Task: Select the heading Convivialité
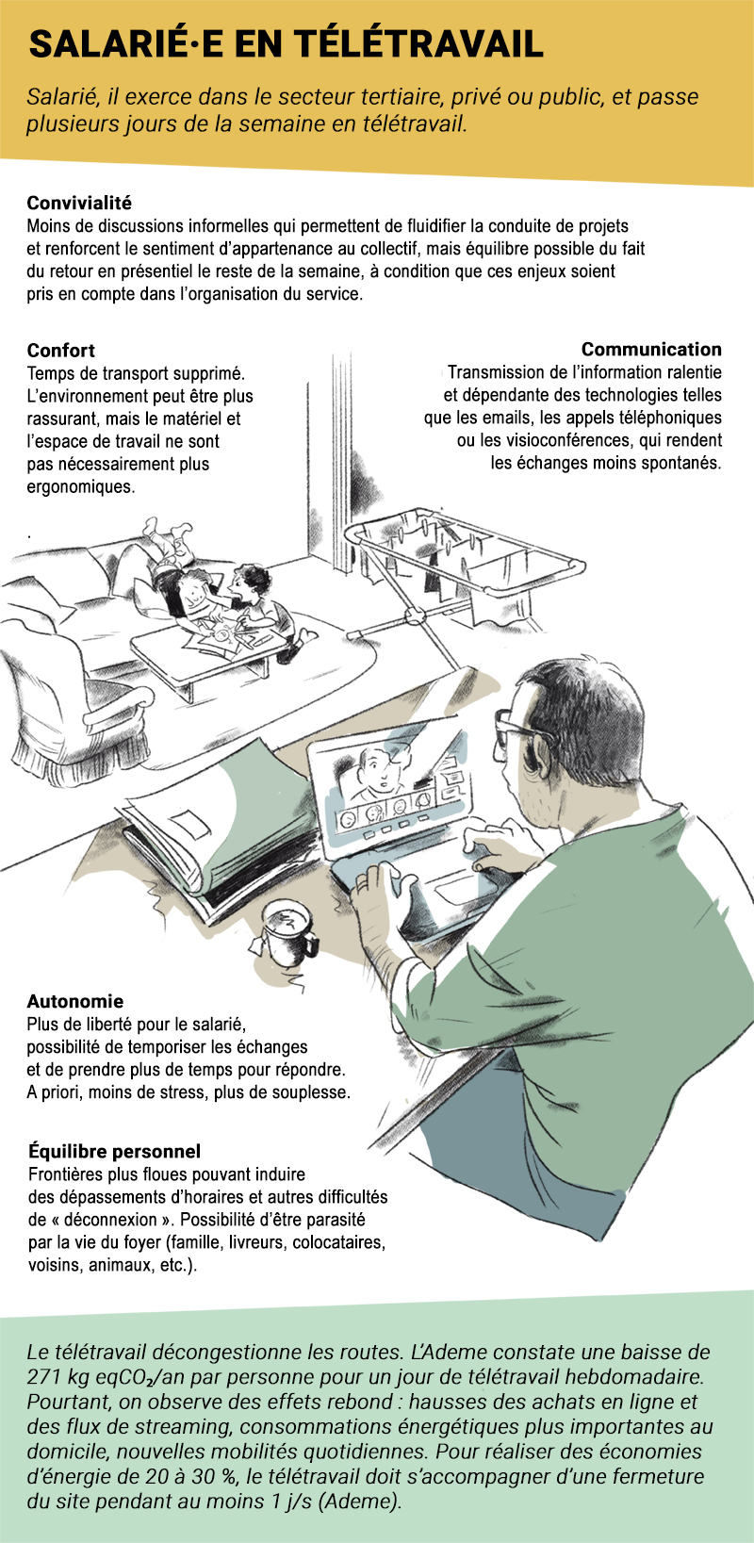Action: (x=79, y=204)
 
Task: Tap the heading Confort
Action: (x=60, y=350)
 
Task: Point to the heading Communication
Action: (x=651, y=350)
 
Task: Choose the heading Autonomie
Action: (x=75, y=1001)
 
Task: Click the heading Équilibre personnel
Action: (x=114, y=1151)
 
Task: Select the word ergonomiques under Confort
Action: (x=81, y=486)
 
